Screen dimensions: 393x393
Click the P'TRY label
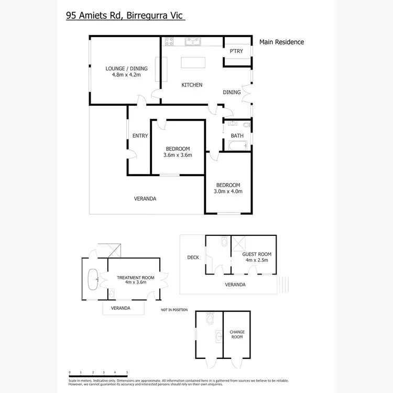pos(236,51)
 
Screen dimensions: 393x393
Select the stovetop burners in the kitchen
pos(170,41)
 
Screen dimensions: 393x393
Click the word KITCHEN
pos(192,85)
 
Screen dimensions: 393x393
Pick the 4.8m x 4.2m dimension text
pos(126,75)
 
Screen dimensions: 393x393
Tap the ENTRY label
pos(140,136)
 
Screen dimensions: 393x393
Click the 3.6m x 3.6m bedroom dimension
pos(178,155)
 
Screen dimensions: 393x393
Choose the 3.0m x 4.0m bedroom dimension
pos(228,192)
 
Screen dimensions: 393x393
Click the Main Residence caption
pos(281,42)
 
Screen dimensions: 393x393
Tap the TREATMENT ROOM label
pos(135,277)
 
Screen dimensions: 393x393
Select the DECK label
pos(193,257)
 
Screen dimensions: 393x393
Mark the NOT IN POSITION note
pos(174,310)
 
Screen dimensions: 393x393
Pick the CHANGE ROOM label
pos(237,334)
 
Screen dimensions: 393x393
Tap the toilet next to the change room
pos(211,318)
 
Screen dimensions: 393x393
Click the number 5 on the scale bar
pos(127,372)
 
